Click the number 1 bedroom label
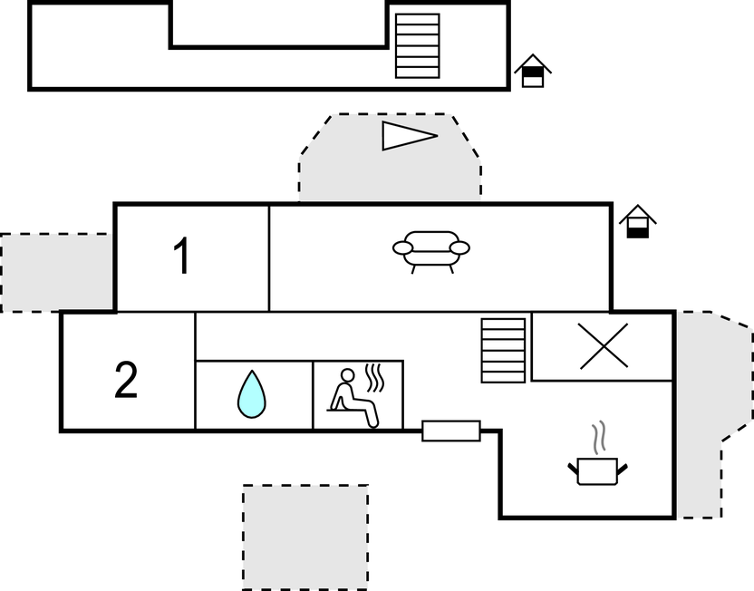point(182,257)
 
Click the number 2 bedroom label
point(126,381)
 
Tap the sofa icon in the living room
point(431,249)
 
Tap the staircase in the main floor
point(503,350)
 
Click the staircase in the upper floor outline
point(418,45)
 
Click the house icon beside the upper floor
point(533,72)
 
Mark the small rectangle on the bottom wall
point(451,431)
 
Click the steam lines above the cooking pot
point(597,440)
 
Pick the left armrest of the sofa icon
point(401,247)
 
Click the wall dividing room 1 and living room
point(269,257)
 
